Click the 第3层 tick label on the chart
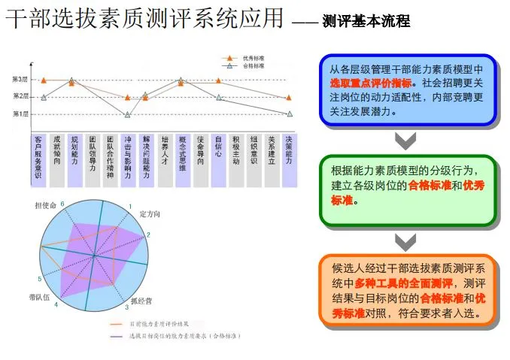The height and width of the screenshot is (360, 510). coord(20,80)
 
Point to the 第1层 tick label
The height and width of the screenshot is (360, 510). coord(20,114)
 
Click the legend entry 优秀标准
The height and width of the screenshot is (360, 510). coord(252,57)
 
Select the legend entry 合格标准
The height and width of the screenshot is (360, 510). coord(252,66)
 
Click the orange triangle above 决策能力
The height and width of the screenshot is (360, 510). coord(290,98)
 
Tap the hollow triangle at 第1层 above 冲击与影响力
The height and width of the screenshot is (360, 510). coord(128,114)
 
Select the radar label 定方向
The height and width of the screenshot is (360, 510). coord(150,214)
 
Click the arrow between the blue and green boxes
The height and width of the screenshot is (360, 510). coord(406,139)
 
